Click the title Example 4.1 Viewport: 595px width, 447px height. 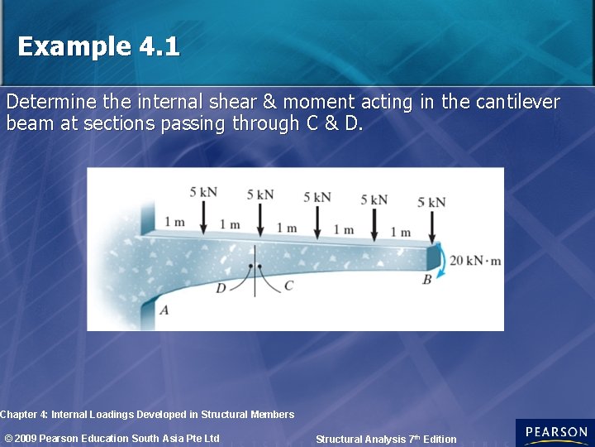point(98,46)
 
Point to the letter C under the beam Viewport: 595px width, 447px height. point(288,286)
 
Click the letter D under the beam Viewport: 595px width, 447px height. point(221,288)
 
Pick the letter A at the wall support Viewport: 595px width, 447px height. point(164,310)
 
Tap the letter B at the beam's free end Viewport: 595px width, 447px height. point(427,280)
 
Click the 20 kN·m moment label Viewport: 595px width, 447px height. point(475,261)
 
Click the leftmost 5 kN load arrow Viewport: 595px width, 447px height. point(203,218)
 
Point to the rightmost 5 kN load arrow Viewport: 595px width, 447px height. point(431,225)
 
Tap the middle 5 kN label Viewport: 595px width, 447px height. point(317,197)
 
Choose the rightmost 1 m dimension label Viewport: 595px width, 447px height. point(400,232)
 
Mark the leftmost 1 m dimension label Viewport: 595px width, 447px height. point(174,222)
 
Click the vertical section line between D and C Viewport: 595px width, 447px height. point(255,269)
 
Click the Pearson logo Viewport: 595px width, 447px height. point(555,433)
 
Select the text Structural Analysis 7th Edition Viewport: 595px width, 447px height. point(386,439)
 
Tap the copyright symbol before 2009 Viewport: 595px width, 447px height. point(9,438)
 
